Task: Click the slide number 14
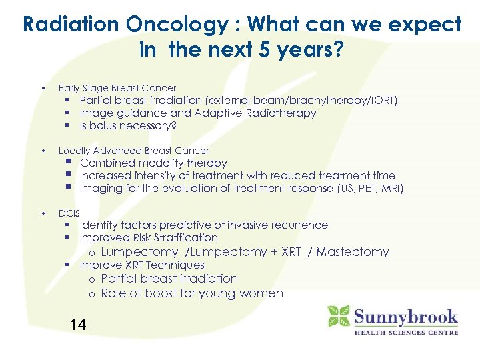click(x=78, y=325)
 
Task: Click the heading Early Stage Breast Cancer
click(x=117, y=88)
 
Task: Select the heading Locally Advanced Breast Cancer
click(x=133, y=151)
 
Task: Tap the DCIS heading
click(x=69, y=213)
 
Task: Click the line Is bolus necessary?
click(x=128, y=125)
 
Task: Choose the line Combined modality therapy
click(x=153, y=163)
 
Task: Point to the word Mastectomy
click(x=353, y=252)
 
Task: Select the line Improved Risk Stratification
click(x=149, y=237)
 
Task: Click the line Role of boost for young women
click(x=192, y=293)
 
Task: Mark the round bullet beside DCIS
click(x=43, y=213)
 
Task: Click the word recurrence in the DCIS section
click(x=295, y=225)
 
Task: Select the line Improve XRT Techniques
click(x=142, y=265)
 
